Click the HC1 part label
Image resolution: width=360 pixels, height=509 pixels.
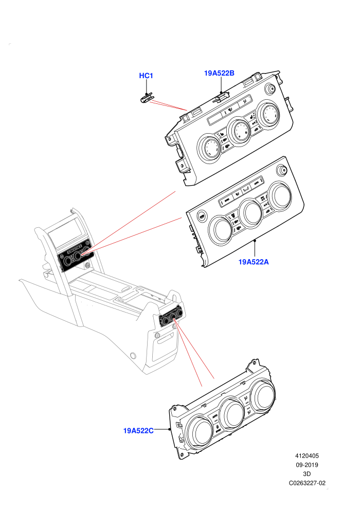point(146,76)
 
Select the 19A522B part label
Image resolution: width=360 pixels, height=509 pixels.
point(219,73)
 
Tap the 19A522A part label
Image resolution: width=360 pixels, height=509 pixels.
point(254,262)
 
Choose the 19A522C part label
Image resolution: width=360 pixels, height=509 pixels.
point(138,431)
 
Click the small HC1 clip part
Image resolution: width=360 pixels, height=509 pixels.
point(147,98)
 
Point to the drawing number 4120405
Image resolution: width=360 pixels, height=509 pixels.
point(307,456)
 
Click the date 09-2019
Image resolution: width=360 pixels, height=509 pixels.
point(307,465)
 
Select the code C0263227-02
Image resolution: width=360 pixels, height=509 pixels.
point(307,483)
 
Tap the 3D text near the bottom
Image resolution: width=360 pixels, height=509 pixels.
point(307,474)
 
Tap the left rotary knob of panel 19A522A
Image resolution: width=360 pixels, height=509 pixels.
point(221,230)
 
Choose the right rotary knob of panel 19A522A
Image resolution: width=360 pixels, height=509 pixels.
point(279,195)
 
